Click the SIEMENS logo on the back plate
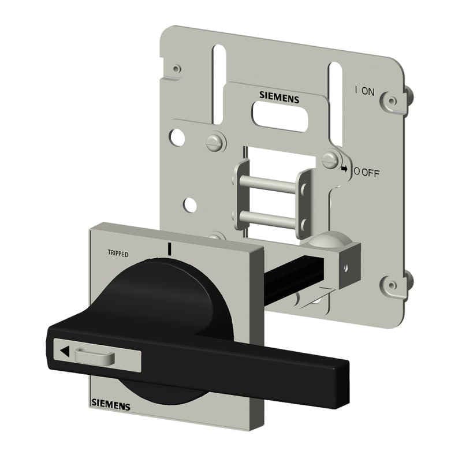click(x=279, y=97)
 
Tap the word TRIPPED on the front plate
click(x=118, y=254)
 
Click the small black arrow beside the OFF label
click(x=344, y=169)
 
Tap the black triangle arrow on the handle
click(x=65, y=351)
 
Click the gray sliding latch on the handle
click(x=95, y=356)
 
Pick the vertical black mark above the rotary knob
click(x=169, y=249)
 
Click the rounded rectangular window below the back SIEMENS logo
click(x=280, y=117)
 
